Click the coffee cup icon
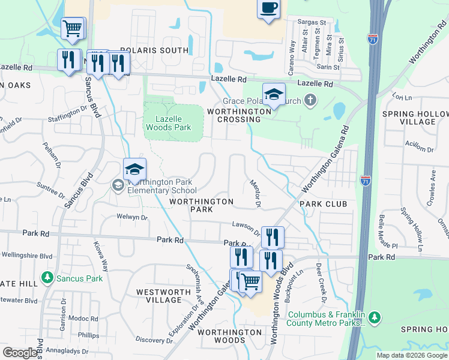[x=268, y=9]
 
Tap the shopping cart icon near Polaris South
[x=72, y=28]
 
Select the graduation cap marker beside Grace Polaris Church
[x=274, y=95]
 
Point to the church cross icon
[x=310, y=99]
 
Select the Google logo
[x=20, y=352]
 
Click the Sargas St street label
[x=312, y=22]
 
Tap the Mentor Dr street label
[x=255, y=194]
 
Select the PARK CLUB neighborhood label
[x=324, y=204]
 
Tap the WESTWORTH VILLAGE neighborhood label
[x=159, y=296]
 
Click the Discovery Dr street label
[x=154, y=340]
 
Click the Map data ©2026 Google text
[x=412, y=355]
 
